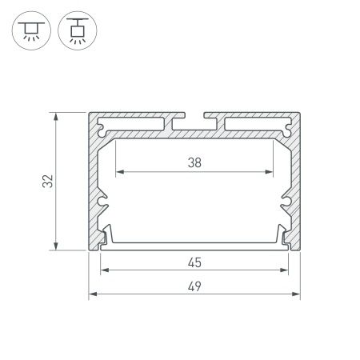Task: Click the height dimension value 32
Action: click(x=47, y=182)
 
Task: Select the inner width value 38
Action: click(x=194, y=162)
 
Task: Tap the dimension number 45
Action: click(x=194, y=262)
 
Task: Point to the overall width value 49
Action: click(x=194, y=286)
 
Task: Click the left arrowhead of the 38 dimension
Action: click(x=119, y=172)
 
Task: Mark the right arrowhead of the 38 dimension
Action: click(x=269, y=172)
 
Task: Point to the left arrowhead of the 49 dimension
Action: click(x=91, y=294)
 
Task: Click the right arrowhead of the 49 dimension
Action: click(x=297, y=294)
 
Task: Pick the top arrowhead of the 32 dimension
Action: click(x=57, y=117)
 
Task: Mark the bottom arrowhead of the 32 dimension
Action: click(x=57, y=246)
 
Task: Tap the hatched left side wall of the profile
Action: click(x=94, y=184)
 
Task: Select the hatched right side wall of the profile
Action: click(x=294, y=184)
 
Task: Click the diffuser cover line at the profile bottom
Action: click(x=194, y=245)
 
